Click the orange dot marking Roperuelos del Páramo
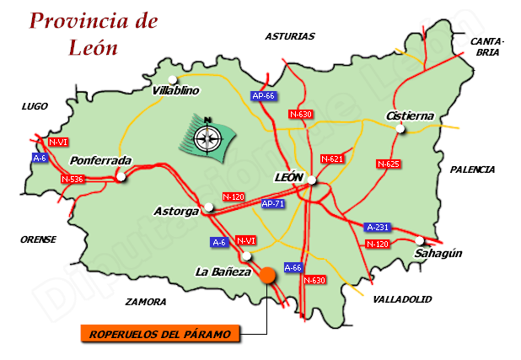pos(268,274)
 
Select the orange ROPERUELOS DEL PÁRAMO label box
pos(160,335)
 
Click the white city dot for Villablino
pos(173,80)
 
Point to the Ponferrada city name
pos(101,160)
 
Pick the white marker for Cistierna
pos(400,129)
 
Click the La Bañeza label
pos(223,271)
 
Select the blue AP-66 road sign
pos(264,96)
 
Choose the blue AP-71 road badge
pos(271,204)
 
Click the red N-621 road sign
pos(332,159)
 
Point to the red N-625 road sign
pos(388,164)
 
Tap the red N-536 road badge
pos(73,179)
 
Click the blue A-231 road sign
pos(377,227)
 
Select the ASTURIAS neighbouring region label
pos(289,36)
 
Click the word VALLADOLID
pos(402,299)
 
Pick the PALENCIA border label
pos(472,169)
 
